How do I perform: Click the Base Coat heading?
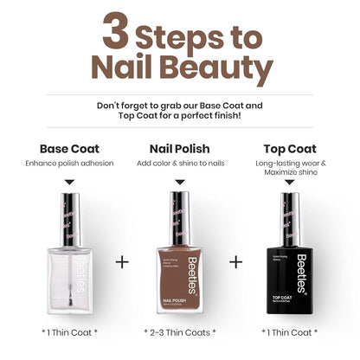70,148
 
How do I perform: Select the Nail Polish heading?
179,148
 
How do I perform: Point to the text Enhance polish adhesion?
70,163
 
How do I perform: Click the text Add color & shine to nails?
179,163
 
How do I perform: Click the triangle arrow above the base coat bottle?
70,183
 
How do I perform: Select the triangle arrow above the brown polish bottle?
179,183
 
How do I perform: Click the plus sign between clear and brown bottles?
122,261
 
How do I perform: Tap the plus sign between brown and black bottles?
236,261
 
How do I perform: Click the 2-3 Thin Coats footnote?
179,331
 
